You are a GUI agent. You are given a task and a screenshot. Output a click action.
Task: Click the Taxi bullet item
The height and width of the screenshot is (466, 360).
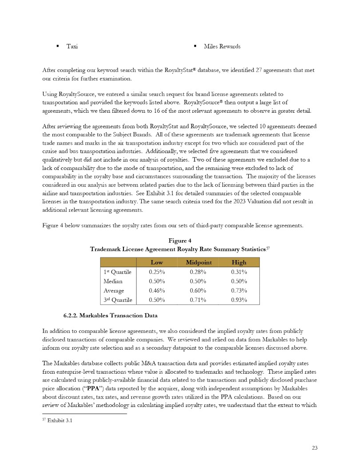(x=72, y=47)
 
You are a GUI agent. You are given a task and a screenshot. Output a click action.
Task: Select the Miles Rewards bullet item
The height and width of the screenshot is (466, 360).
(x=222, y=47)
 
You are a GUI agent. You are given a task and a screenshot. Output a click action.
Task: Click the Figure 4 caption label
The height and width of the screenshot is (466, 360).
(x=180, y=241)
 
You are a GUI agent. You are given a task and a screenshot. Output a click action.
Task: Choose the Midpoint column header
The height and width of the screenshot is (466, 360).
(x=198, y=262)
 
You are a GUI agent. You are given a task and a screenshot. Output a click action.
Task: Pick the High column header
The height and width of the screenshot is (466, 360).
(x=239, y=262)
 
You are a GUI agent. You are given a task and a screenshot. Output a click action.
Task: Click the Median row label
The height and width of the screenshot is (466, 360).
(x=113, y=281)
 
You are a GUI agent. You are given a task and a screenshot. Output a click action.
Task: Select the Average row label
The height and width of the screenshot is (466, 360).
(x=114, y=291)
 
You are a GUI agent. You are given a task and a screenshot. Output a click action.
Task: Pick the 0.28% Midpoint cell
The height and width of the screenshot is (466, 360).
(x=198, y=272)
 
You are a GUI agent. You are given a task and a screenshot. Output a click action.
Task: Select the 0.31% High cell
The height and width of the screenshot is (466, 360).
(x=239, y=272)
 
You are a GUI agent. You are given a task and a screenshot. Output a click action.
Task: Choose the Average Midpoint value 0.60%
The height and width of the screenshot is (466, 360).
(x=198, y=291)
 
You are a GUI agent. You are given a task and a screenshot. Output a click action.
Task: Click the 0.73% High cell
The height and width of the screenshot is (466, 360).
(x=239, y=291)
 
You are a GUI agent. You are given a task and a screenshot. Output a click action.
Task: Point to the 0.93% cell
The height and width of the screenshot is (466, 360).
(x=239, y=300)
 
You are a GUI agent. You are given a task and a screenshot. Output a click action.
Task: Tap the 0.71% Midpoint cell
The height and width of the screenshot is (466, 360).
(x=198, y=300)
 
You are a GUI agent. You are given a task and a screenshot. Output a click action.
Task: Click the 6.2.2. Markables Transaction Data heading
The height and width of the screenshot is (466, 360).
(x=111, y=316)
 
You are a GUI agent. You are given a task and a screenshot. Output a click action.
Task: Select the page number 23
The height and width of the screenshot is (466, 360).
(x=315, y=447)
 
